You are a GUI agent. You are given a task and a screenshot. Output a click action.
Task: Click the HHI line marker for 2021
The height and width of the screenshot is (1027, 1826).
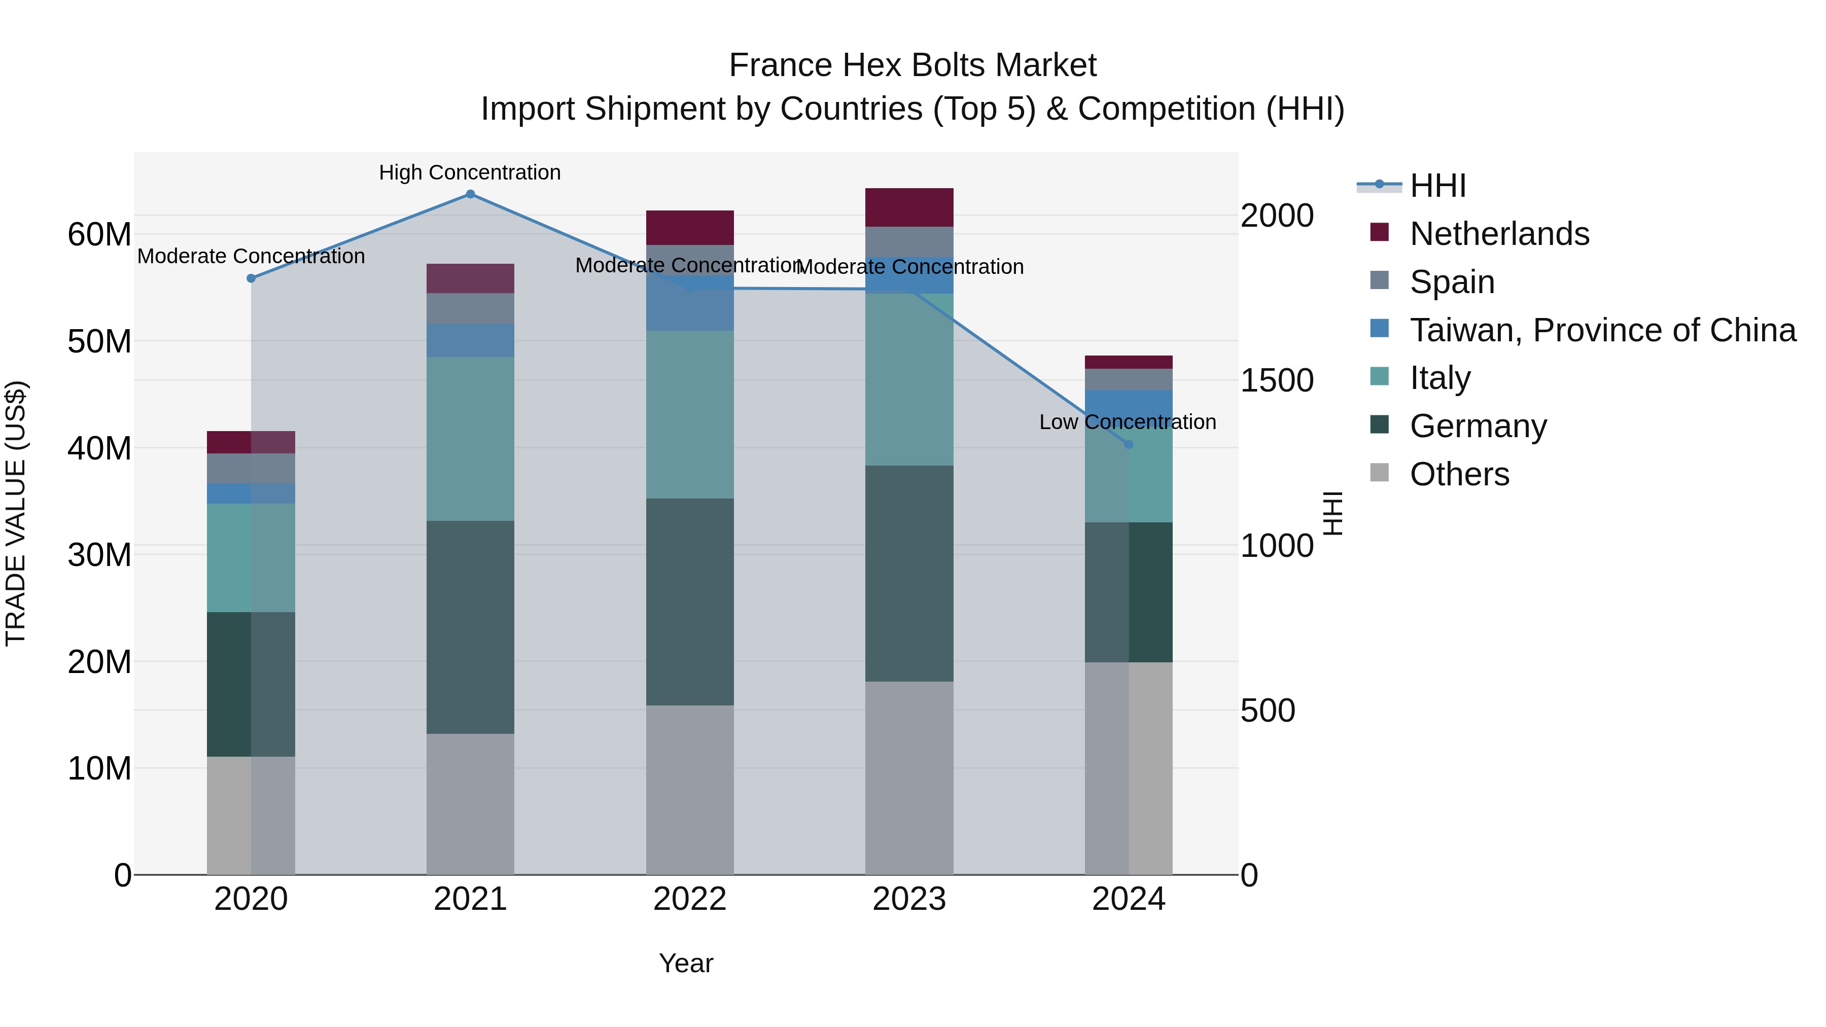click(x=470, y=194)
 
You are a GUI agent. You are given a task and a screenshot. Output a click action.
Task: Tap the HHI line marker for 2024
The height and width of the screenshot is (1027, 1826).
click(x=1129, y=444)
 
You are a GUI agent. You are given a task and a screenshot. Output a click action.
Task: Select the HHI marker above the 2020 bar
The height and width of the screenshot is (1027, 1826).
click(x=251, y=278)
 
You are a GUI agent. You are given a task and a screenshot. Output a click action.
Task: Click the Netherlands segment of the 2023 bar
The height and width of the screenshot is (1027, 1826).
click(x=909, y=207)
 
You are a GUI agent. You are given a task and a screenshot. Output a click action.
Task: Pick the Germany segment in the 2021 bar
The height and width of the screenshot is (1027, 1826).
click(x=470, y=627)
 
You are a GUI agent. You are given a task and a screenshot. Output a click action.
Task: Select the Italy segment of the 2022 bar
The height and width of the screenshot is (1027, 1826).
click(x=690, y=415)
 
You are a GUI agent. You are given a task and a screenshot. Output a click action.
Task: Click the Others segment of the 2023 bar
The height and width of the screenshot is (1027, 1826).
click(x=909, y=777)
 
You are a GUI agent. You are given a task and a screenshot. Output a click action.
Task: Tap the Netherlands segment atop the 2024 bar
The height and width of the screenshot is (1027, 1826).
click(x=1129, y=362)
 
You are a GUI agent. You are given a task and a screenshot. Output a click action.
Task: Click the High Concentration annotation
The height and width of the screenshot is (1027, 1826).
click(x=470, y=173)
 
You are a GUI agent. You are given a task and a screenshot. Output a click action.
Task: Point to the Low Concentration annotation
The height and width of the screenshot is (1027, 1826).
click(x=1127, y=422)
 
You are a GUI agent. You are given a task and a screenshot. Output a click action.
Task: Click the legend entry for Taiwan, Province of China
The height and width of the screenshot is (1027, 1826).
click(x=1602, y=330)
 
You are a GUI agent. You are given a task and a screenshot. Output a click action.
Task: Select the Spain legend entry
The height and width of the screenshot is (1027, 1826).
click(x=1452, y=282)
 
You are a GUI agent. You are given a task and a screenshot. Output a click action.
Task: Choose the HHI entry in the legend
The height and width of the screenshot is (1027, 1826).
click(x=1437, y=186)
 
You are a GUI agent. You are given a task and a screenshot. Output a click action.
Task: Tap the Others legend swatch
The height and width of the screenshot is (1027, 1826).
click(x=1380, y=472)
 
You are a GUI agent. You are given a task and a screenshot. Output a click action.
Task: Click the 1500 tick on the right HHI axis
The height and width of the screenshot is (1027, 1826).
click(x=1277, y=380)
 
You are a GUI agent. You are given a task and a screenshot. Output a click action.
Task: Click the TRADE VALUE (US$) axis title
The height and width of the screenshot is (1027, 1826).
click(x=16, y=513)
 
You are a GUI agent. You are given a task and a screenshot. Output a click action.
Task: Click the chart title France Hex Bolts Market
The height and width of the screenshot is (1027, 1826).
click(x=912, y=65)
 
